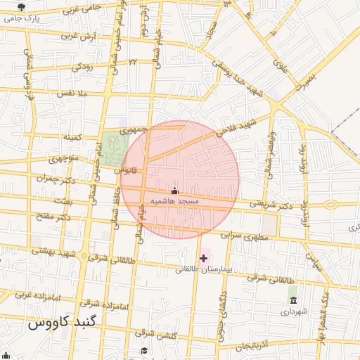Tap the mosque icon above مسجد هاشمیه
175,191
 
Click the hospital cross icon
204,258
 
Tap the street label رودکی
82,67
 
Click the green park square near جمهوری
113,148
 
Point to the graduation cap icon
145,350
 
